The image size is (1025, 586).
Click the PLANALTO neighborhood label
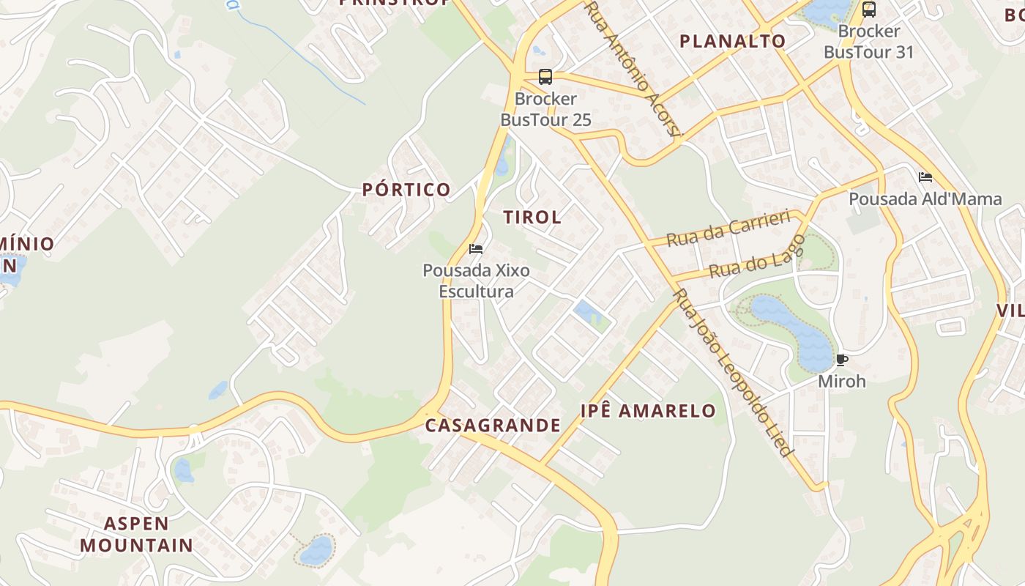[733, 41]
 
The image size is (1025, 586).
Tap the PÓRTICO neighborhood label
[406, 190]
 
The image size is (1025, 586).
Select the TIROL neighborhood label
[532, 217]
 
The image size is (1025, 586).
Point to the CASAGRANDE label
[493, 426]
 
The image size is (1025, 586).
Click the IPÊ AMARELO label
[648, 411]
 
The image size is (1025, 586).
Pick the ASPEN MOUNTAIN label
[136, 535]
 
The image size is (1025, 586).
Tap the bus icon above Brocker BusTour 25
[545, 76]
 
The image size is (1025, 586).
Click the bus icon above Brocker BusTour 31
[869, 10]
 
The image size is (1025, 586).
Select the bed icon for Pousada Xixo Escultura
[476, 249]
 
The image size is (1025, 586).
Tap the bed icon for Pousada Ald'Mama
[925, 177]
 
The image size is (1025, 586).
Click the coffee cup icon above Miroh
[841, 360]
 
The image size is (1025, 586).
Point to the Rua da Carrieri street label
[728, 228]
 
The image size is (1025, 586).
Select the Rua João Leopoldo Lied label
[733, 372]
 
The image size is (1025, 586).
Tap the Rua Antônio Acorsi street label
[634, 68]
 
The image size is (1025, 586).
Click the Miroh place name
[841, 382]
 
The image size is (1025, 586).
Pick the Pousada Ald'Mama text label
[925, 199]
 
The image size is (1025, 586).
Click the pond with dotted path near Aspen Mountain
[316, 550]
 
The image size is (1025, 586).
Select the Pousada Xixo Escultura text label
[476, 281]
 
